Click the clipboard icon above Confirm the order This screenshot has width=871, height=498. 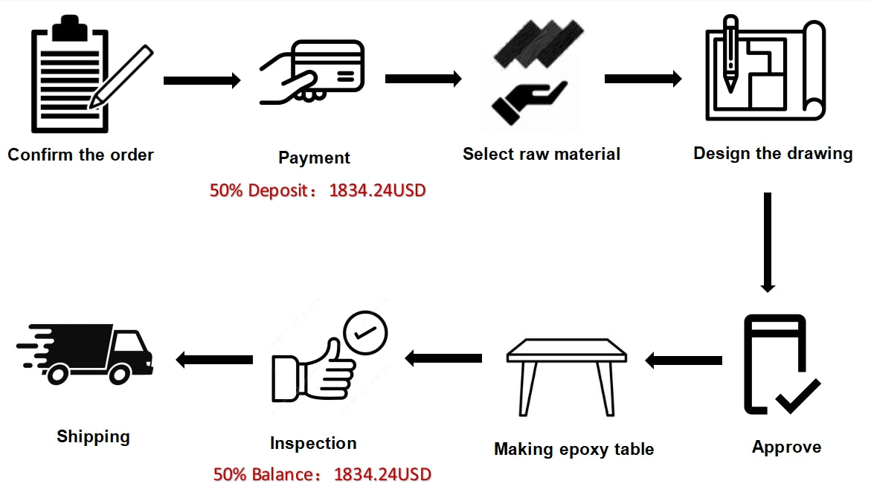[x=68, y=78]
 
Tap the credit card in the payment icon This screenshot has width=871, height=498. [x=328, y=63]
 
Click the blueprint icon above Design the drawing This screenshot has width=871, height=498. [x=765, y=71]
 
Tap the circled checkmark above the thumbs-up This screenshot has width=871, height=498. [x=364, y=334]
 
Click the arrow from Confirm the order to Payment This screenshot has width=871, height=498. [x=202, y=80]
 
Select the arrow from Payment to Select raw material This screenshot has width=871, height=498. [x=423, y=79]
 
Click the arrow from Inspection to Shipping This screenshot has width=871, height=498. [x=214, y=360]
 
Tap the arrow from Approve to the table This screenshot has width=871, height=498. [x=683, y=360]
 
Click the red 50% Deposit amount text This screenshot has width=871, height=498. [x=318, y=190]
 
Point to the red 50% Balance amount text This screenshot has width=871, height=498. [x=322, y=474]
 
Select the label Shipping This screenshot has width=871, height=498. [x=93, y=436]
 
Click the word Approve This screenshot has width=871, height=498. [x=786, y=447]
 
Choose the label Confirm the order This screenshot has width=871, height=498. [x=80, y=155]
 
